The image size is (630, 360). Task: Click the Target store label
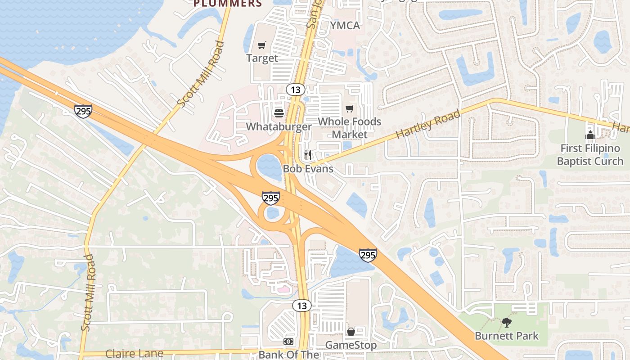pyautogui.click(x=262, y=58)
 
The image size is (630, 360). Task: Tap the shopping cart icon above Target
pyautogui.click(x=262, y=45)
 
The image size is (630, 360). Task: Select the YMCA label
pyautogui.click(x=345, y=26)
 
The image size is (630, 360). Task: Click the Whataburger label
pyautogui.click(x=279, y=126)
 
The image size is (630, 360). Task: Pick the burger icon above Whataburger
pyautogui.click(x=279, y=113)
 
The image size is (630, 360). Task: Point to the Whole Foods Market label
pyautogui.click(x=349, y=128)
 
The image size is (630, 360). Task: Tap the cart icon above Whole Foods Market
pyautogui.click(x=349, y=108)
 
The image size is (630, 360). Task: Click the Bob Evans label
pyautogui.click(x=308, y=169)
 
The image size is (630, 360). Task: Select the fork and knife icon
pyautogui.click(x=308, y=155)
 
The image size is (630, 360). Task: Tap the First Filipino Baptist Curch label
pyautogui.click(x=590, y=154)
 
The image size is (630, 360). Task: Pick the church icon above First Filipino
pyautogui.click(x=590, y=135)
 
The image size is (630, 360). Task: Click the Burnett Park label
pyautogui.click(x=507, y=336)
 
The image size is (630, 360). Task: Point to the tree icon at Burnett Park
pyautogui.click(x=507, y=322)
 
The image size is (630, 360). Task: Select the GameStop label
pyautogui.click(x=351, y=345)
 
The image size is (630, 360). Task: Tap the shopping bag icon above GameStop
pyautogui.click(x=351, y=332)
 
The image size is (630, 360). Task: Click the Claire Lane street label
pyautogui.click(x=134, y=353)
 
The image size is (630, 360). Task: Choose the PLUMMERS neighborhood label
pyautogui.click(x=228, y=4)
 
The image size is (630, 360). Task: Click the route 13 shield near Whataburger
pyautogui.click(x=295, y=89)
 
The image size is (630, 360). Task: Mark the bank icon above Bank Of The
pyautogui.click(x=288, y=342)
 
